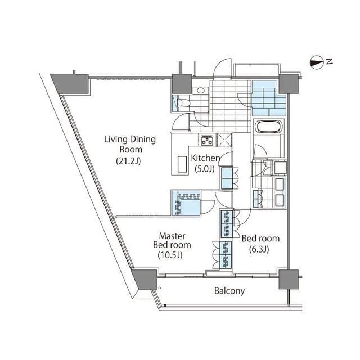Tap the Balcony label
229,291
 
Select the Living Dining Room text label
130,144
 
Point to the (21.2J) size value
128,161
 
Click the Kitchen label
205,158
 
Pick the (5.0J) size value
205,169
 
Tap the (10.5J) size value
170,255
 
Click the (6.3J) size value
259,249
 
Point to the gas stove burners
207,140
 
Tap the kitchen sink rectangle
182,164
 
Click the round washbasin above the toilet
201,91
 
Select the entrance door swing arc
222,67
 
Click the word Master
172,236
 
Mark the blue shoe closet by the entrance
269,98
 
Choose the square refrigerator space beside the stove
224,139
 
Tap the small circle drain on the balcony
160,288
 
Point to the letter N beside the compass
330,61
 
